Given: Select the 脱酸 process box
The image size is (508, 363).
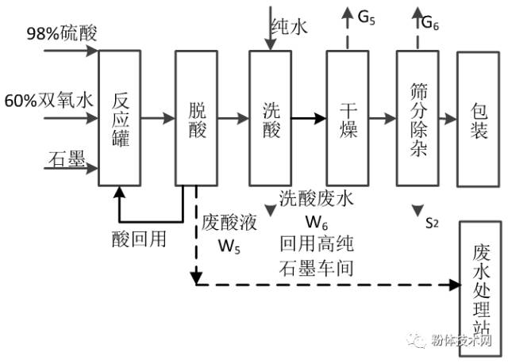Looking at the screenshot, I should coord(195,118).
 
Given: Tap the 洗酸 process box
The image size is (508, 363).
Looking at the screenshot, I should coord(271,118).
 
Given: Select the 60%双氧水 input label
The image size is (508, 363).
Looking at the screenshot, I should coord(49,101).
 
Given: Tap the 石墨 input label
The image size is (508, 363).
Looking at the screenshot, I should coord(65,159).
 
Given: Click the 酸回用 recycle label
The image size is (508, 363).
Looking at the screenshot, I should coord(140,237).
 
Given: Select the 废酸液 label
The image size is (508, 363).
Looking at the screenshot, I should coord(227,221).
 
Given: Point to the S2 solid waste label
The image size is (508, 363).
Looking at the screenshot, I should coord(431,225).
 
